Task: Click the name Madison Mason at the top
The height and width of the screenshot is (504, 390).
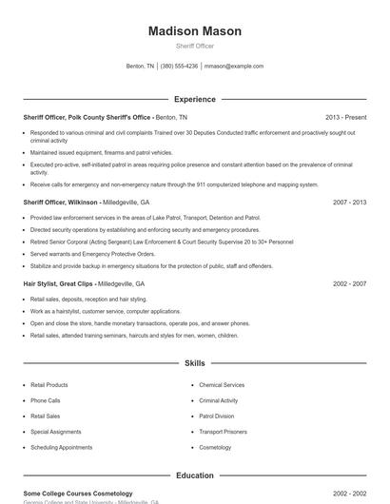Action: (x=195, y=31)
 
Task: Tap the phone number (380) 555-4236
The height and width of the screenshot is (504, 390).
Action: (x=179, y=67)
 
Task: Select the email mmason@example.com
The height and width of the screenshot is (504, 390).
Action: (x=234, y=67)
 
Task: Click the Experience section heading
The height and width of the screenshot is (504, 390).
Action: (x=195, y=99)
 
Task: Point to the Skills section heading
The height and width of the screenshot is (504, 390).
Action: (x=195, y=363)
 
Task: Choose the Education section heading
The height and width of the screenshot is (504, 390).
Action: (x=195, y=475)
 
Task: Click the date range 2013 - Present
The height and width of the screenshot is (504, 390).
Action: (x=345, y=117)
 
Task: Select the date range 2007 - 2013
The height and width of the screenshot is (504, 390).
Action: (x=350, y=203)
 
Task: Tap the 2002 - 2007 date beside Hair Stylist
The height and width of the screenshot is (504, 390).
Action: (x=350, y=283)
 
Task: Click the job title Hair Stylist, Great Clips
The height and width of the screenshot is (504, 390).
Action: (x=58, y=283)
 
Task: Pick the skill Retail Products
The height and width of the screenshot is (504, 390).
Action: (x=49, y=385)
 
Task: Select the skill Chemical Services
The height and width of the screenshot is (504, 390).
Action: (x=222, y=385)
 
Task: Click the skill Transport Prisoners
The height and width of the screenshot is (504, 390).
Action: (x=224, y=431)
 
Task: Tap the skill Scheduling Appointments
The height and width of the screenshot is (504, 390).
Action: (x=61, y=446)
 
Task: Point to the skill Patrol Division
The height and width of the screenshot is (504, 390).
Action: (x=217, y=416)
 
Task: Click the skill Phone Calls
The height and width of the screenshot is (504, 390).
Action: (x=45, y=400)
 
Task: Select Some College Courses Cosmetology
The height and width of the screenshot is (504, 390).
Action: (x=78, y=494)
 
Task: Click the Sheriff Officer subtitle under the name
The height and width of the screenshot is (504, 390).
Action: (x=195, y=46)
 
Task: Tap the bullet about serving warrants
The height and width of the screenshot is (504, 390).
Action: (x=92, y=254)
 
